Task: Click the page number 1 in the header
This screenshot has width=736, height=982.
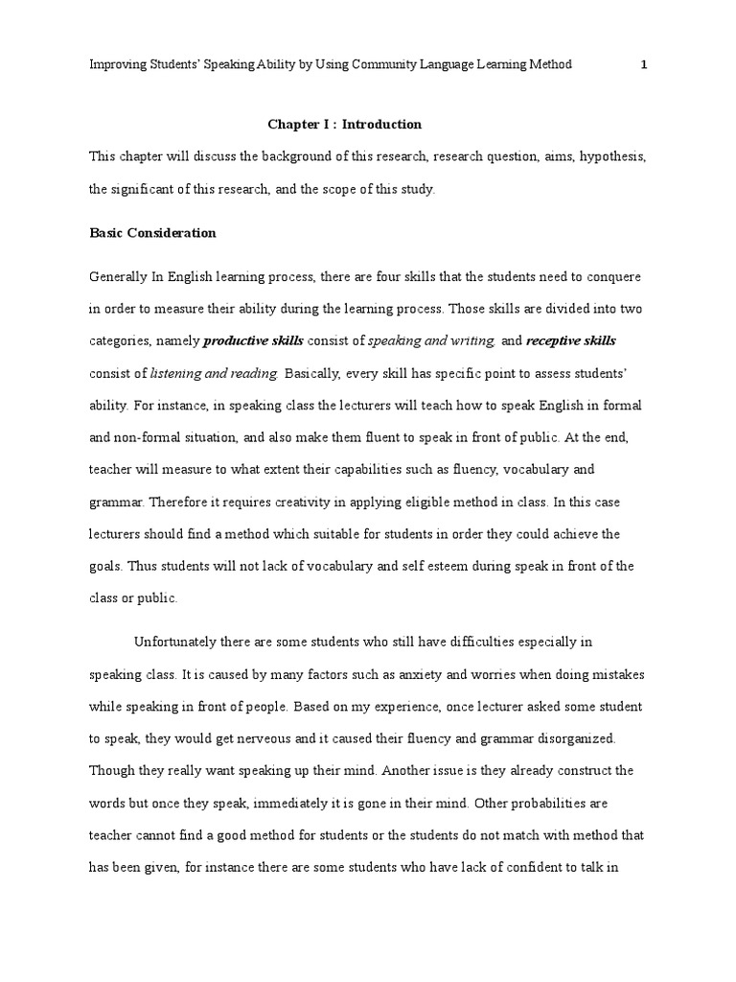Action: (x=644, y=64)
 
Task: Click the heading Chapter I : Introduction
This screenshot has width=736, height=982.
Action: (x=344, y=125)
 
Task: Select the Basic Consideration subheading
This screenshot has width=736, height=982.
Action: (x=152, y=233)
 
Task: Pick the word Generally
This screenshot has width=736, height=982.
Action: (x=118, y=276)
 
